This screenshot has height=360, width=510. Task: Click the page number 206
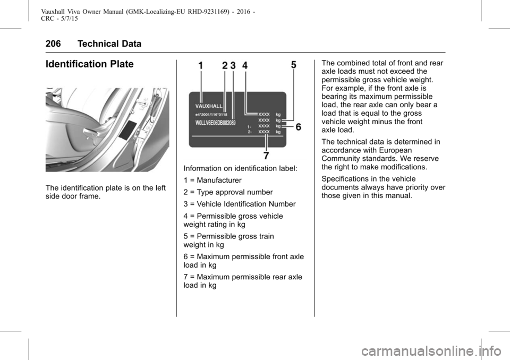(x=53, y=44)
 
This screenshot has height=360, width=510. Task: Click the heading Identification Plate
(x=89, y=64)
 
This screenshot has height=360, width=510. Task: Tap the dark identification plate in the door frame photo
(x=128, y=130)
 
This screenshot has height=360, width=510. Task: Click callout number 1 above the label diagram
(x=201, y=66)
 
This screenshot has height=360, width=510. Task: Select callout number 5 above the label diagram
(x=294, y=65)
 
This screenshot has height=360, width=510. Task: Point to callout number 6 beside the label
(x=298, y=127)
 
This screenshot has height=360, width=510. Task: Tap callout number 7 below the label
(x=266, y=156)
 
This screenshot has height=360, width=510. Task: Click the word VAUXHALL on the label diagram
(x=209, y=106)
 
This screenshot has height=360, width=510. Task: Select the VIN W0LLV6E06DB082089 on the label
(x=215, y=123)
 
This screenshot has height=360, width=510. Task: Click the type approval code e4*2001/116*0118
(x=211, y=115)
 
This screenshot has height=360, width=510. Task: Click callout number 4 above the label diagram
(x=245, y=66)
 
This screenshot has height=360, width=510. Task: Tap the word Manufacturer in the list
(x=219, y=180)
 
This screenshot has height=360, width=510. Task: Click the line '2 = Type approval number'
(x=228, y=192)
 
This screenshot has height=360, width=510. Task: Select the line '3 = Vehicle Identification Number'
(x=240, y=204)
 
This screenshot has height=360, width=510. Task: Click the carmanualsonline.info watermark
(x=431, y=351)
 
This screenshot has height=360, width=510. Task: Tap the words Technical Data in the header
(x=109, y=44)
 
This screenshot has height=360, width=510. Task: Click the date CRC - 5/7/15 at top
(x=59, y=19)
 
